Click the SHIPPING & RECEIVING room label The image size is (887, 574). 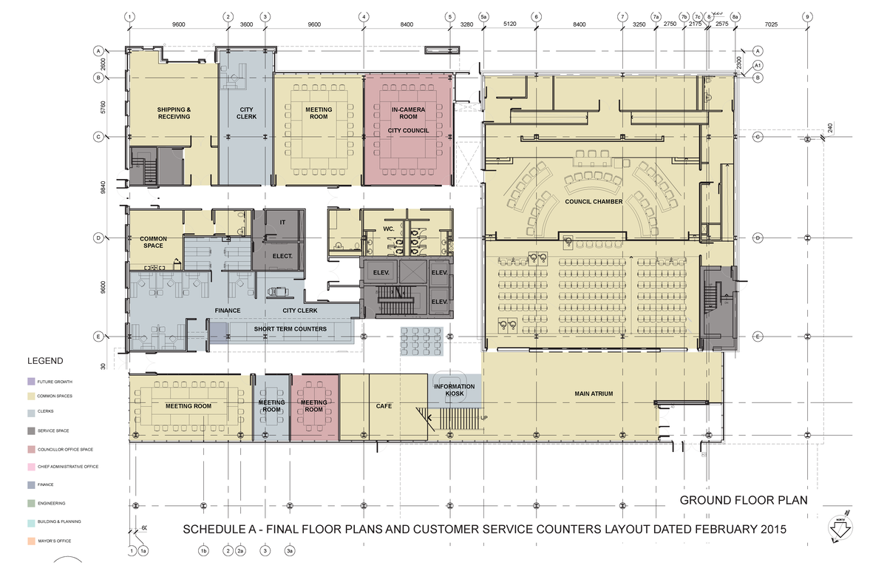pos(174,113)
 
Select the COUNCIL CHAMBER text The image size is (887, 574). pos(594,201)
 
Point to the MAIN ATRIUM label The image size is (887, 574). pos(594,394)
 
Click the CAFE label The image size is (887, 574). pos(384,406)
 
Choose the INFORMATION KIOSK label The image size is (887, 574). pos(455,391)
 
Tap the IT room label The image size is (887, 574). pos(282,222)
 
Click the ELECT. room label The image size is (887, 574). pos(283,257)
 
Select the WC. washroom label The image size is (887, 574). pos(388,229)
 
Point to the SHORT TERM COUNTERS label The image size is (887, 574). pos(290,328)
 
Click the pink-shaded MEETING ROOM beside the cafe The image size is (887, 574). pos(314,406)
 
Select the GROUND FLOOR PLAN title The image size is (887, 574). pos(743,501)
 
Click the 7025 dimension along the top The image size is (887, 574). pos(771,24)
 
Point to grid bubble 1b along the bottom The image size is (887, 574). pos(203,550)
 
